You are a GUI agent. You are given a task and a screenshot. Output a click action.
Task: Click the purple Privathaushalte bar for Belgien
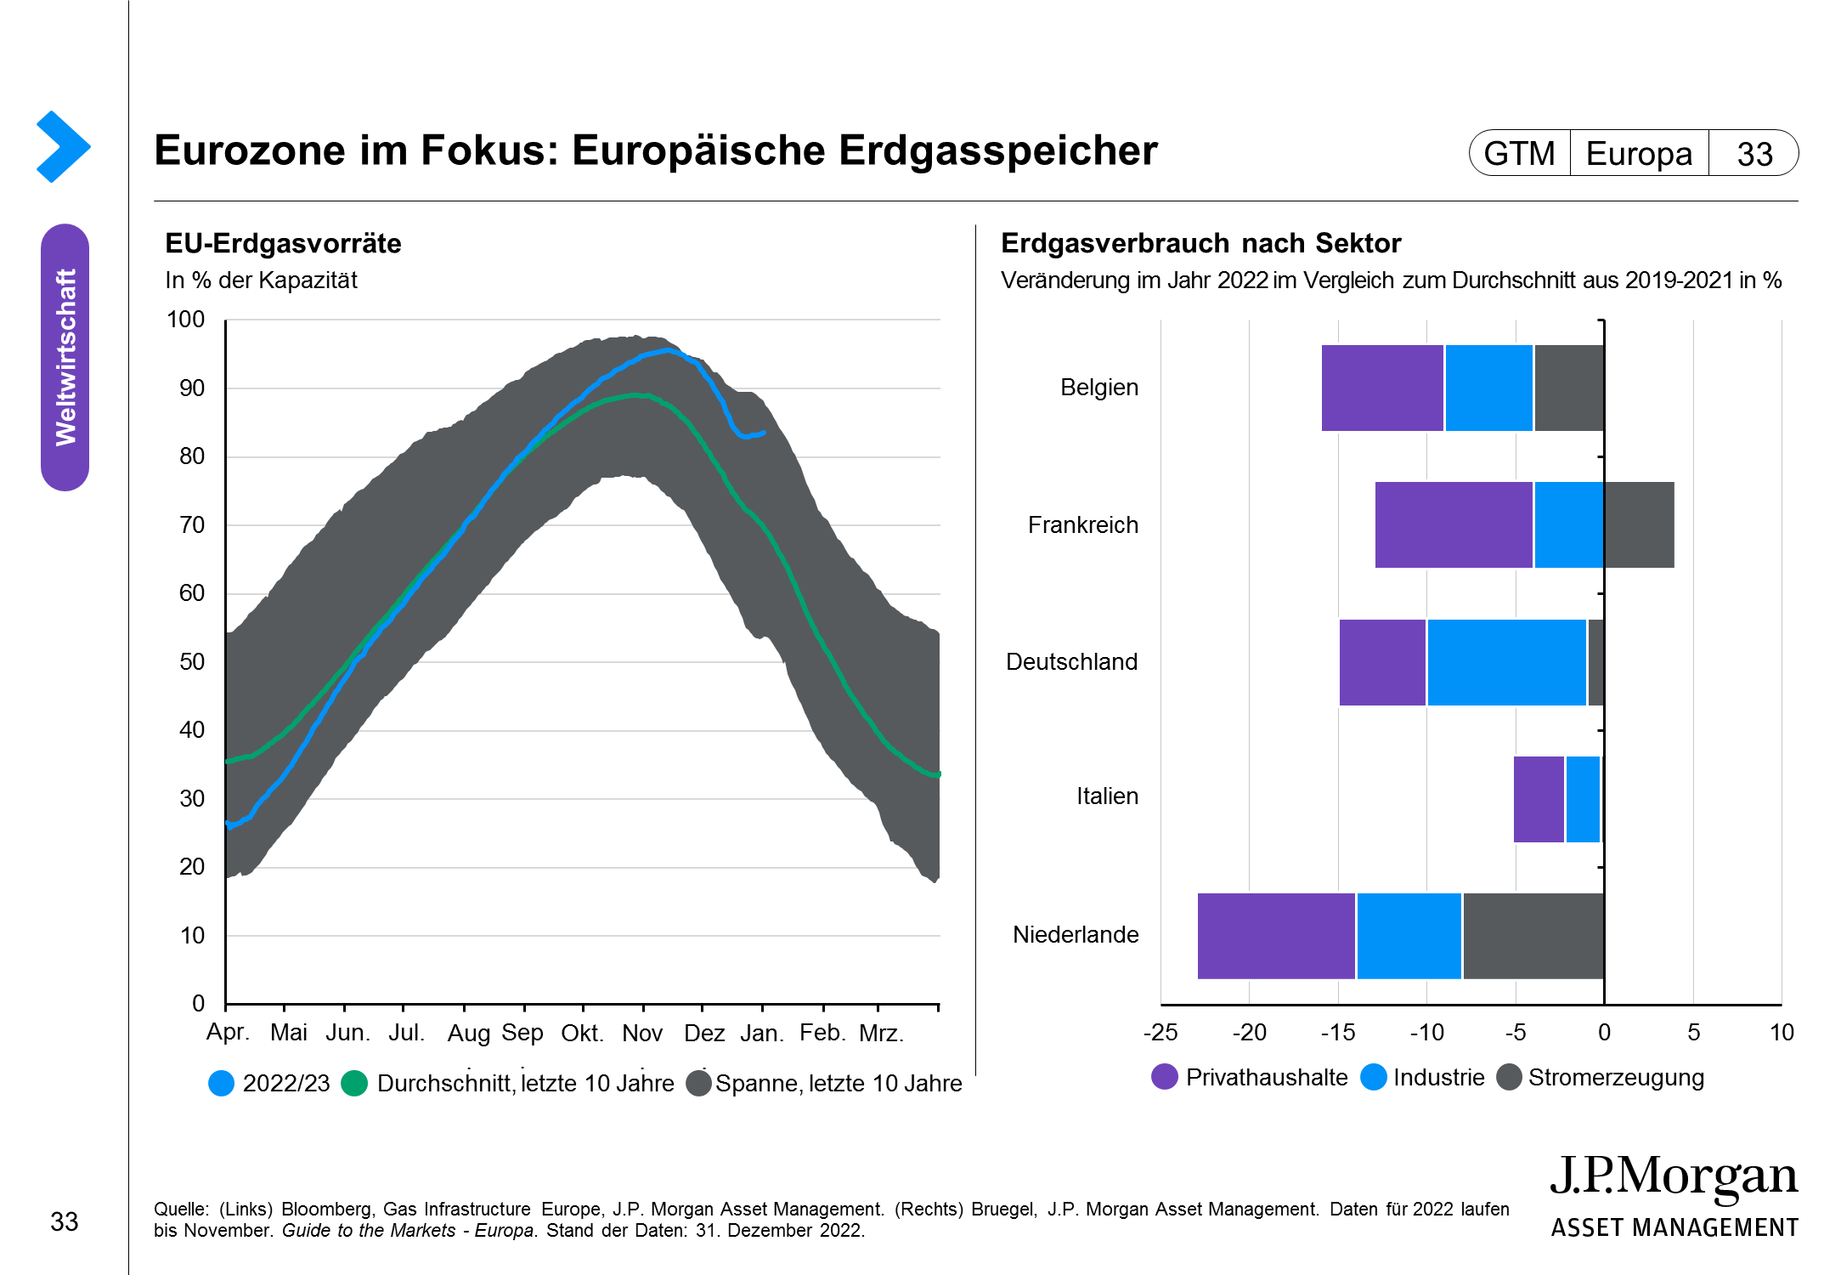[1382, 388]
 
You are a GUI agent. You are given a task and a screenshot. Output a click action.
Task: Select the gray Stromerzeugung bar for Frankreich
[1639, 524]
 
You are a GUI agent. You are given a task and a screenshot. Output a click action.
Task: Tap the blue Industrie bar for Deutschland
[1506, 662]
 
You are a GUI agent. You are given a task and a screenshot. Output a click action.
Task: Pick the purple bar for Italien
[1539, 799]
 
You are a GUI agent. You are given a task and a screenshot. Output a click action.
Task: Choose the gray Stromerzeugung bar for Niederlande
[1533, 936]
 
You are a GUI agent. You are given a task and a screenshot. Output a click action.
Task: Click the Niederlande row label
[1075, 935]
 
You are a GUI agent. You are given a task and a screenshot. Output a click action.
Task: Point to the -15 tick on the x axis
[1337, 1033]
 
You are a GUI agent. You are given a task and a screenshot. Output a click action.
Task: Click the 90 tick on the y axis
[192, 388]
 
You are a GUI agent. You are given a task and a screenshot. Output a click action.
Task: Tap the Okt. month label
[582, 1034]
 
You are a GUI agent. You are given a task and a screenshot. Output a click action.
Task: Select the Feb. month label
[822, 1033]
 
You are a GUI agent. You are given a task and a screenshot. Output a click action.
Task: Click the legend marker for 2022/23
[221, 1083]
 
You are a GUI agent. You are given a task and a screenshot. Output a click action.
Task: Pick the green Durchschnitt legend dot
[354, 1083]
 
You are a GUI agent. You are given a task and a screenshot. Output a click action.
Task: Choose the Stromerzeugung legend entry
[1615, 1078]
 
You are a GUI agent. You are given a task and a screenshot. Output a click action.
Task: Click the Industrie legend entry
[1438, 1078]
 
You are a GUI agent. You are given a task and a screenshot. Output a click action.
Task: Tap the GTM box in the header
[1519, 154]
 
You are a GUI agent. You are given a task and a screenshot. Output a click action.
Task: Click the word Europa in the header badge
[1639, 154]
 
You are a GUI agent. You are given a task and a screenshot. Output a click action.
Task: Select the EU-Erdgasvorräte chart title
[283, 244]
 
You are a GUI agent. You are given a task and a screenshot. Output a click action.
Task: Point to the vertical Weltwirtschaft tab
[65, 357]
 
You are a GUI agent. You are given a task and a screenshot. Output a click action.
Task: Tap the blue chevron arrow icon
[63, 146]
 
